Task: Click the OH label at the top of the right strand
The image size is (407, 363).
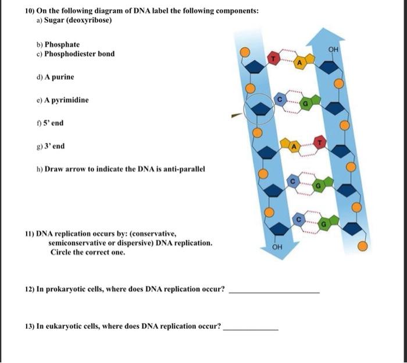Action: tap(333, 49)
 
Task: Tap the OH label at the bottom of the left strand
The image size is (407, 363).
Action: tap(277, 246)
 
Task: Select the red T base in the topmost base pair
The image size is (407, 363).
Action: tap(273, 58)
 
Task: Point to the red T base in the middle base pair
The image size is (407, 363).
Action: tap(320, 142)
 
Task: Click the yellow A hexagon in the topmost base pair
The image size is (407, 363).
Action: tap(299, 63)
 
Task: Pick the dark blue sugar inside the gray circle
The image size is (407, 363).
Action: tap(259, 109)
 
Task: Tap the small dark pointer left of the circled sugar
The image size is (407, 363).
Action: tap(237, 115)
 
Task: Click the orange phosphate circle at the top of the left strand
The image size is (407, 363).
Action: tap(245, 52)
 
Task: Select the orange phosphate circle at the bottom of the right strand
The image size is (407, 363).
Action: tap(362, 246)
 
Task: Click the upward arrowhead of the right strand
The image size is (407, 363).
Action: tap(325, 36)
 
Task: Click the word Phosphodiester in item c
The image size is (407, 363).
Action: tap(70, 54)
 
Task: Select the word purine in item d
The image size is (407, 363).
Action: tap(63, 77)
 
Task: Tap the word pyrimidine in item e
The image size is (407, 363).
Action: tap(70, 100)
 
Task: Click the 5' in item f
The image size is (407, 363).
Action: tap(46, 123)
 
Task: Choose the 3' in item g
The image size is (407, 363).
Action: tap(48, 146)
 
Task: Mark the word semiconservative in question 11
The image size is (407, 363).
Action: tap(82, 243)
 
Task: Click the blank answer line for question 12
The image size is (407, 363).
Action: tap(274, 293)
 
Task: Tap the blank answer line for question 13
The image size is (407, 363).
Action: tap(251, 330)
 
